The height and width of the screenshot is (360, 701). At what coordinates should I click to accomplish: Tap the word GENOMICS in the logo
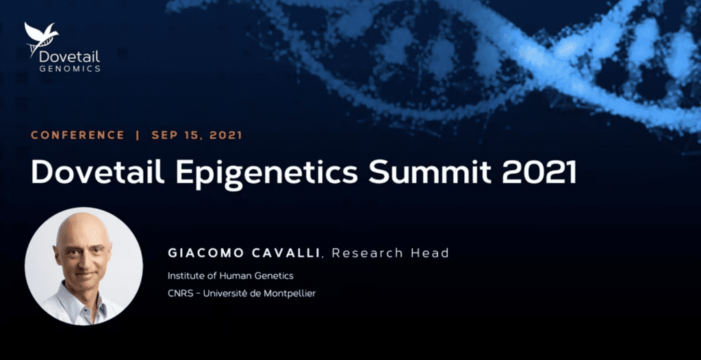[70, 68]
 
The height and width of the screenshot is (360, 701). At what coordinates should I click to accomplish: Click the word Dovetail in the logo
[69, 56]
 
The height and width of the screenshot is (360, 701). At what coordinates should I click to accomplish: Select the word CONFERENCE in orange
[77, 135]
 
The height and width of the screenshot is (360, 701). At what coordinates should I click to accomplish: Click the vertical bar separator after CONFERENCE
[138, 135]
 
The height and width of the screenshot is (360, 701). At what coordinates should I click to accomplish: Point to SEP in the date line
[164, 135]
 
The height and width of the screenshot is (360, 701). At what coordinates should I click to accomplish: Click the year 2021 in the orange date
[226, 135]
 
